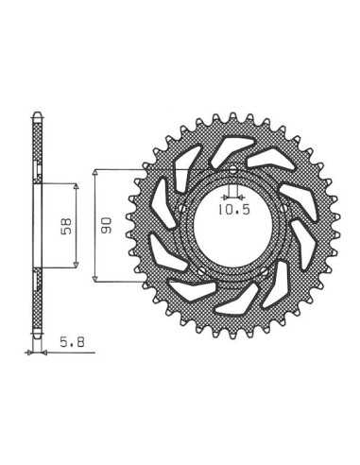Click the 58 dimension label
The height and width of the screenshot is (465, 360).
coord(67,226)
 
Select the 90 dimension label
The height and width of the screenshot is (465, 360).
coord(107,225)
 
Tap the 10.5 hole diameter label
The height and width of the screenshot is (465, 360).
coord(234,209)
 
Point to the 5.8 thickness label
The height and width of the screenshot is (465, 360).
coord(73,342)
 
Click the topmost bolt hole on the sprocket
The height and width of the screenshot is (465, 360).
coord(232,170)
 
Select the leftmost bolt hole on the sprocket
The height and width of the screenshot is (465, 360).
coord(181,208)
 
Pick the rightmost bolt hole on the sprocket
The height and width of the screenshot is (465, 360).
coord(283,208)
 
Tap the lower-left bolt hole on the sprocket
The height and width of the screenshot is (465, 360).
coord(201,270)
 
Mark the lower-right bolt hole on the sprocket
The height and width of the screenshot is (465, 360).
coord(265,270)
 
